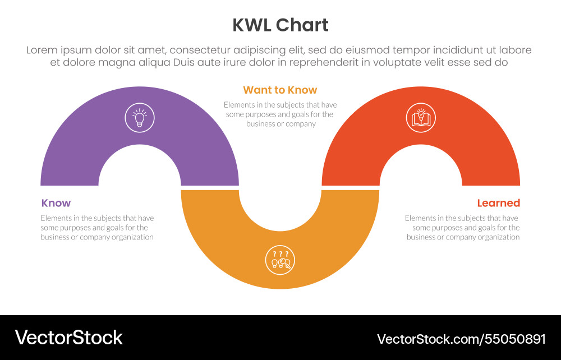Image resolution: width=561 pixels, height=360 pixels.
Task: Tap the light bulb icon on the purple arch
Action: click(140, 118)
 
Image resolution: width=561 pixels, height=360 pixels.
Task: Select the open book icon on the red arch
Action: click(421, 118)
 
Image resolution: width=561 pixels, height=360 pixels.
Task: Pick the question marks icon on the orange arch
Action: click(280, 260)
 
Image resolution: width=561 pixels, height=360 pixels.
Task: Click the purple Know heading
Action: click(56, 203)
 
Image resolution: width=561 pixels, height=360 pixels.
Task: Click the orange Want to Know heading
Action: click(280, 90)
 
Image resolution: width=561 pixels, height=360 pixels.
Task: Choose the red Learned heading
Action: click(498, 203)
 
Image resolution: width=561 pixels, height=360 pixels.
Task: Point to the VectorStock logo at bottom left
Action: click(68, 338)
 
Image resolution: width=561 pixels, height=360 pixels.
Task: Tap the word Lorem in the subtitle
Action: click(43, 50)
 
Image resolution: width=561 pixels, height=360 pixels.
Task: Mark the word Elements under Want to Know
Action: click(238, 105)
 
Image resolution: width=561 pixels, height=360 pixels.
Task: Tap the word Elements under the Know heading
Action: click(56, 218)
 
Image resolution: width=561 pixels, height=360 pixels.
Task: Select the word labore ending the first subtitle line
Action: click(516, 50)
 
